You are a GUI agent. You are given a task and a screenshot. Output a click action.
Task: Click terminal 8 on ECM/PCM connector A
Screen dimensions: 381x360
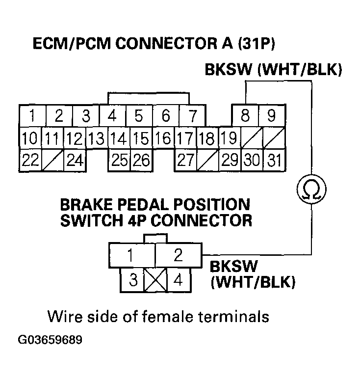(246, 116)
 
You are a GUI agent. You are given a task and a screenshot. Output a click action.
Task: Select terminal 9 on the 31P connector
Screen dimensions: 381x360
(271, 116)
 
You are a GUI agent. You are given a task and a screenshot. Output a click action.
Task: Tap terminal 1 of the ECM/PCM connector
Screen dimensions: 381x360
(32, 116)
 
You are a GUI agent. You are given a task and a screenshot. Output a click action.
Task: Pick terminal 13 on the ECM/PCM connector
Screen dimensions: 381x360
(98, 138)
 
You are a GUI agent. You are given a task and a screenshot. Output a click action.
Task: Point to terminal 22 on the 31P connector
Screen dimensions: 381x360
(30, 160)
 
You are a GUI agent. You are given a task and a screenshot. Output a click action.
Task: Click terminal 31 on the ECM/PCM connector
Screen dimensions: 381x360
(274, 160)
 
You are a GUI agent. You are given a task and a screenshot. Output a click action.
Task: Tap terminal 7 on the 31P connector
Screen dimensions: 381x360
(193, 116)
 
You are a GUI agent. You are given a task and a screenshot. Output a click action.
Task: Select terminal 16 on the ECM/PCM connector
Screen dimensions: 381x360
(163, 138)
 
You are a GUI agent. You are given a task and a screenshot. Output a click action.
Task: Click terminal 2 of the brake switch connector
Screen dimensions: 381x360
(178, 255)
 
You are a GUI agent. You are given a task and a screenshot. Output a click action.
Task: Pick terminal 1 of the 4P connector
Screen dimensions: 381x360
(130, 255)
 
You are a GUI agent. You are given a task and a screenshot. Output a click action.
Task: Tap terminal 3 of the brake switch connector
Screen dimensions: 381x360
(132, 281)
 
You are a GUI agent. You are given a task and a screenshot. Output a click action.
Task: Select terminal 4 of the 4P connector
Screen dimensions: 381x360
(179, 281)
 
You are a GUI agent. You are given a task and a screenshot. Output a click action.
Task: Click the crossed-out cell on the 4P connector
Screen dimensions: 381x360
(155, 281)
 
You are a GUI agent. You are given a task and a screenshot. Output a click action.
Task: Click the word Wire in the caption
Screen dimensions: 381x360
(65, 316)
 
